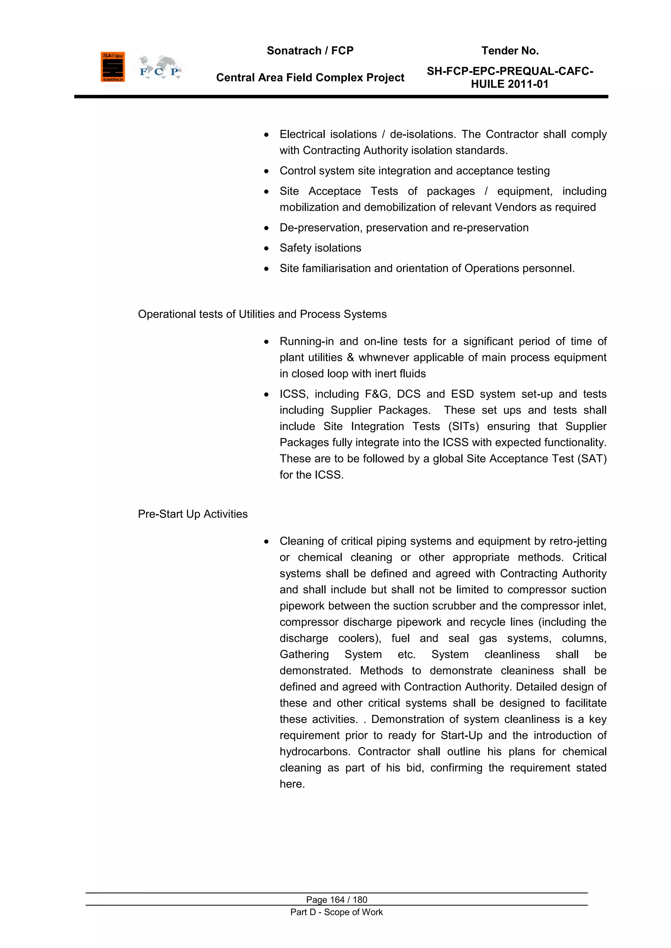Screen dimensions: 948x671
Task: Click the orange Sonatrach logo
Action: point(112,67)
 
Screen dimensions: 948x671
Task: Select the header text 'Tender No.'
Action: point(509,51)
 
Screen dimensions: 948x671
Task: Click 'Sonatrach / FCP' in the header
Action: point(310,51)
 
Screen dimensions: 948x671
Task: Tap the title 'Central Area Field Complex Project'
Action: point(310,78)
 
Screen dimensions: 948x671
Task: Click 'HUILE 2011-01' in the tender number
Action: point(509,84)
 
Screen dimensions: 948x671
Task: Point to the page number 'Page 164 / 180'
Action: point(336,900)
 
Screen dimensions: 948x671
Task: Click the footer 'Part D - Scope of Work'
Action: point(336,912)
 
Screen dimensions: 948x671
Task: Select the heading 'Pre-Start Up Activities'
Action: point(193,514)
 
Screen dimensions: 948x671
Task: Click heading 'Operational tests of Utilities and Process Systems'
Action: point(262,314)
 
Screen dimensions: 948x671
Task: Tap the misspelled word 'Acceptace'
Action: point(334,191)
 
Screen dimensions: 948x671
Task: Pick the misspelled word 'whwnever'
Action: point(381,358)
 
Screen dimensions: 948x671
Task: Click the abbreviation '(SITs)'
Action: point(463,426)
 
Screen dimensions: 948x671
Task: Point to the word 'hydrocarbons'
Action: point(315,752)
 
